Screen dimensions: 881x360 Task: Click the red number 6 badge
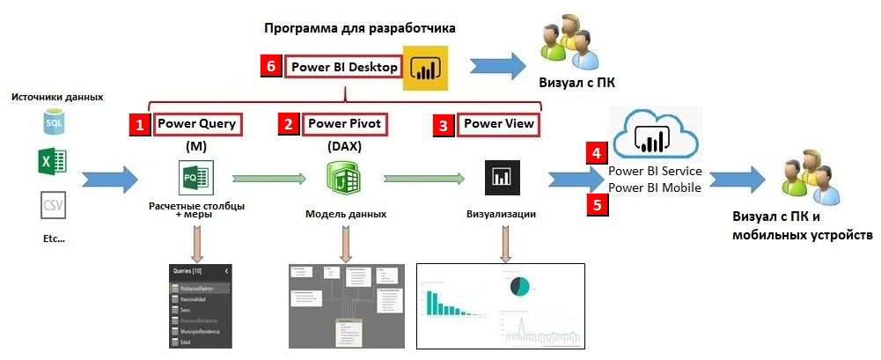[x=272, y=68]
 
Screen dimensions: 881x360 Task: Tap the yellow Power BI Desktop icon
[x=426, y=68]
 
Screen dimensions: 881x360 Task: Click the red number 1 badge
[x=139, y=124]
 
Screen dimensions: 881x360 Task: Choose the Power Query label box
[x=197, y=124]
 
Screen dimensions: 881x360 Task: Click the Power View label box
[x=499, y=124]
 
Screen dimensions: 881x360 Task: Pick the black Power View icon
[x=501, y=178]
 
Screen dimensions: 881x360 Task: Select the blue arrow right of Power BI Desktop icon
[x=498, y=69]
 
